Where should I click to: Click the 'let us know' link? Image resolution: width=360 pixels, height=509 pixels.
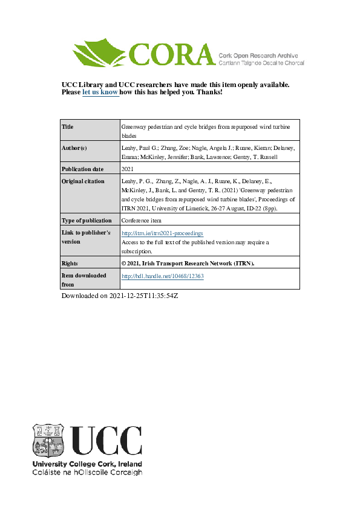pos(100,92)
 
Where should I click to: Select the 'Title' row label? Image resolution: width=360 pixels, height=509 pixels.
pos(68,127)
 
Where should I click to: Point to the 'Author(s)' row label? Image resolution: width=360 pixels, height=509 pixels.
pos(74,148)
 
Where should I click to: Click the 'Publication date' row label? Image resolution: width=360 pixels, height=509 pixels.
pos(83,169)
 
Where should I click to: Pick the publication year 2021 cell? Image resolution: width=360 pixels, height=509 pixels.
pos(128,169)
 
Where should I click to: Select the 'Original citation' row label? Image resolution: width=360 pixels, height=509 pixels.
pos(83,181)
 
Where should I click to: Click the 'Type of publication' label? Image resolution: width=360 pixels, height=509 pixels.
pos(87,221)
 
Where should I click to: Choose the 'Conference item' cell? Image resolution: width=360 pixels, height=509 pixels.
pos(143,221)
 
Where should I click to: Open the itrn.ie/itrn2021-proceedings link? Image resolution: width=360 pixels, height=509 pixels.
pos(162,233)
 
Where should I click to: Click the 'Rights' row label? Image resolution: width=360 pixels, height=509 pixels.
pos(70,264)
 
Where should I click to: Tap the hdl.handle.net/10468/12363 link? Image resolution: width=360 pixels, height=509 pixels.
pos(163,276)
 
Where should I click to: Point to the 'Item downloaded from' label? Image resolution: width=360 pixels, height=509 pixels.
pos(83,279)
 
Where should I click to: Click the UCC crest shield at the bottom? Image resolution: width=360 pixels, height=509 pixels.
pos(48,440)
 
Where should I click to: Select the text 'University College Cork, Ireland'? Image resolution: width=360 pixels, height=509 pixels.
pos(87,464)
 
